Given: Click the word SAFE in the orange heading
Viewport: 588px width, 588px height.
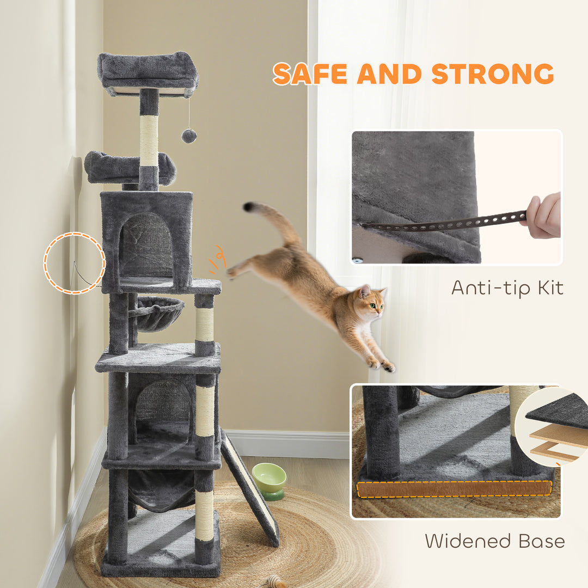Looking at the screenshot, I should (310, 73).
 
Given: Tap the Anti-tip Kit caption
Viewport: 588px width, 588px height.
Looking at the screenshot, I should (507, 287).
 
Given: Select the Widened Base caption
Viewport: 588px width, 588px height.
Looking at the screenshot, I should (494, 541).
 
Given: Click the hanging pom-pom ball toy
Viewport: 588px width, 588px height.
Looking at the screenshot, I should (189, 136).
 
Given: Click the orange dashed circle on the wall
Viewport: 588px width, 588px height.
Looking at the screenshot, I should (75, 263).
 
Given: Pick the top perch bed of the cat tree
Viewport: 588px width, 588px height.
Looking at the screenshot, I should (148, 71).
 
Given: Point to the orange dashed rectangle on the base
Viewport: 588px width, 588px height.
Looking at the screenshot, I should (454, 488).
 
